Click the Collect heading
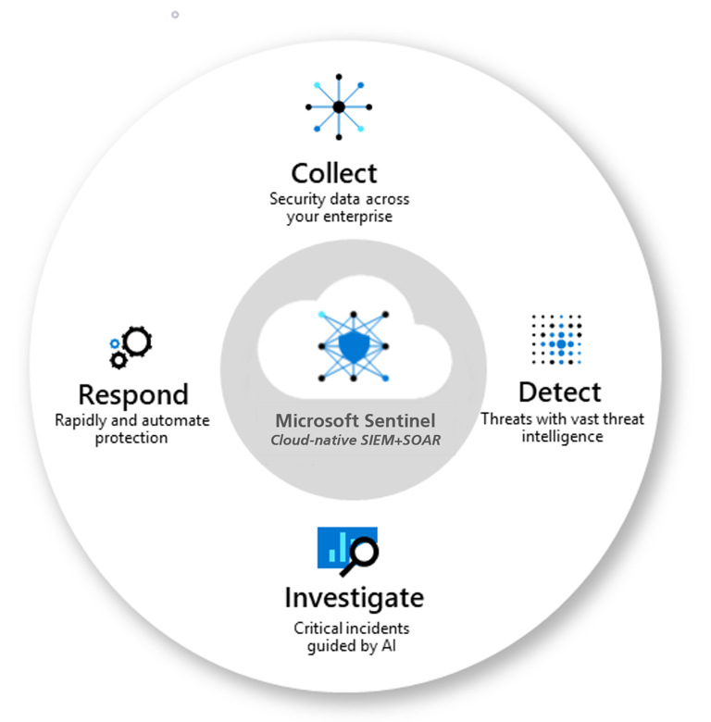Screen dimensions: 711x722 click(334, 173)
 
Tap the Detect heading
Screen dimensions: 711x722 click(559, 392)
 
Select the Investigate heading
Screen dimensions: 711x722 click(355, 599)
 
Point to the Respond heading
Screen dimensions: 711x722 click(133, 395)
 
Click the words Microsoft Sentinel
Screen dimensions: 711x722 click(355, 420)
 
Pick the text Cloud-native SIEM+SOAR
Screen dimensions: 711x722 click(355, 441)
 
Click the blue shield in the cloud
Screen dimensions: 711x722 click(354, 347)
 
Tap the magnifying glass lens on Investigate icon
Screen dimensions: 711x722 click(365, 551)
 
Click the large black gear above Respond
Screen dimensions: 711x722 click(138, 342)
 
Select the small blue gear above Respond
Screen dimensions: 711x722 click(115, 343)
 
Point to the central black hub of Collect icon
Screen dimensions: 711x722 click(339, 106)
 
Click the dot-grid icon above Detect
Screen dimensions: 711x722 click(556, 340)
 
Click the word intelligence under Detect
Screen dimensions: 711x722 click(562, 437)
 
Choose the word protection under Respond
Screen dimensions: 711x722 click(131, 438)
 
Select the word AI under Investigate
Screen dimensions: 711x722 click(388, 645)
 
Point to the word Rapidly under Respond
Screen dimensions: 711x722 click(81, 420)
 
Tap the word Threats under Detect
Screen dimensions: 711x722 click(506, 419)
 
